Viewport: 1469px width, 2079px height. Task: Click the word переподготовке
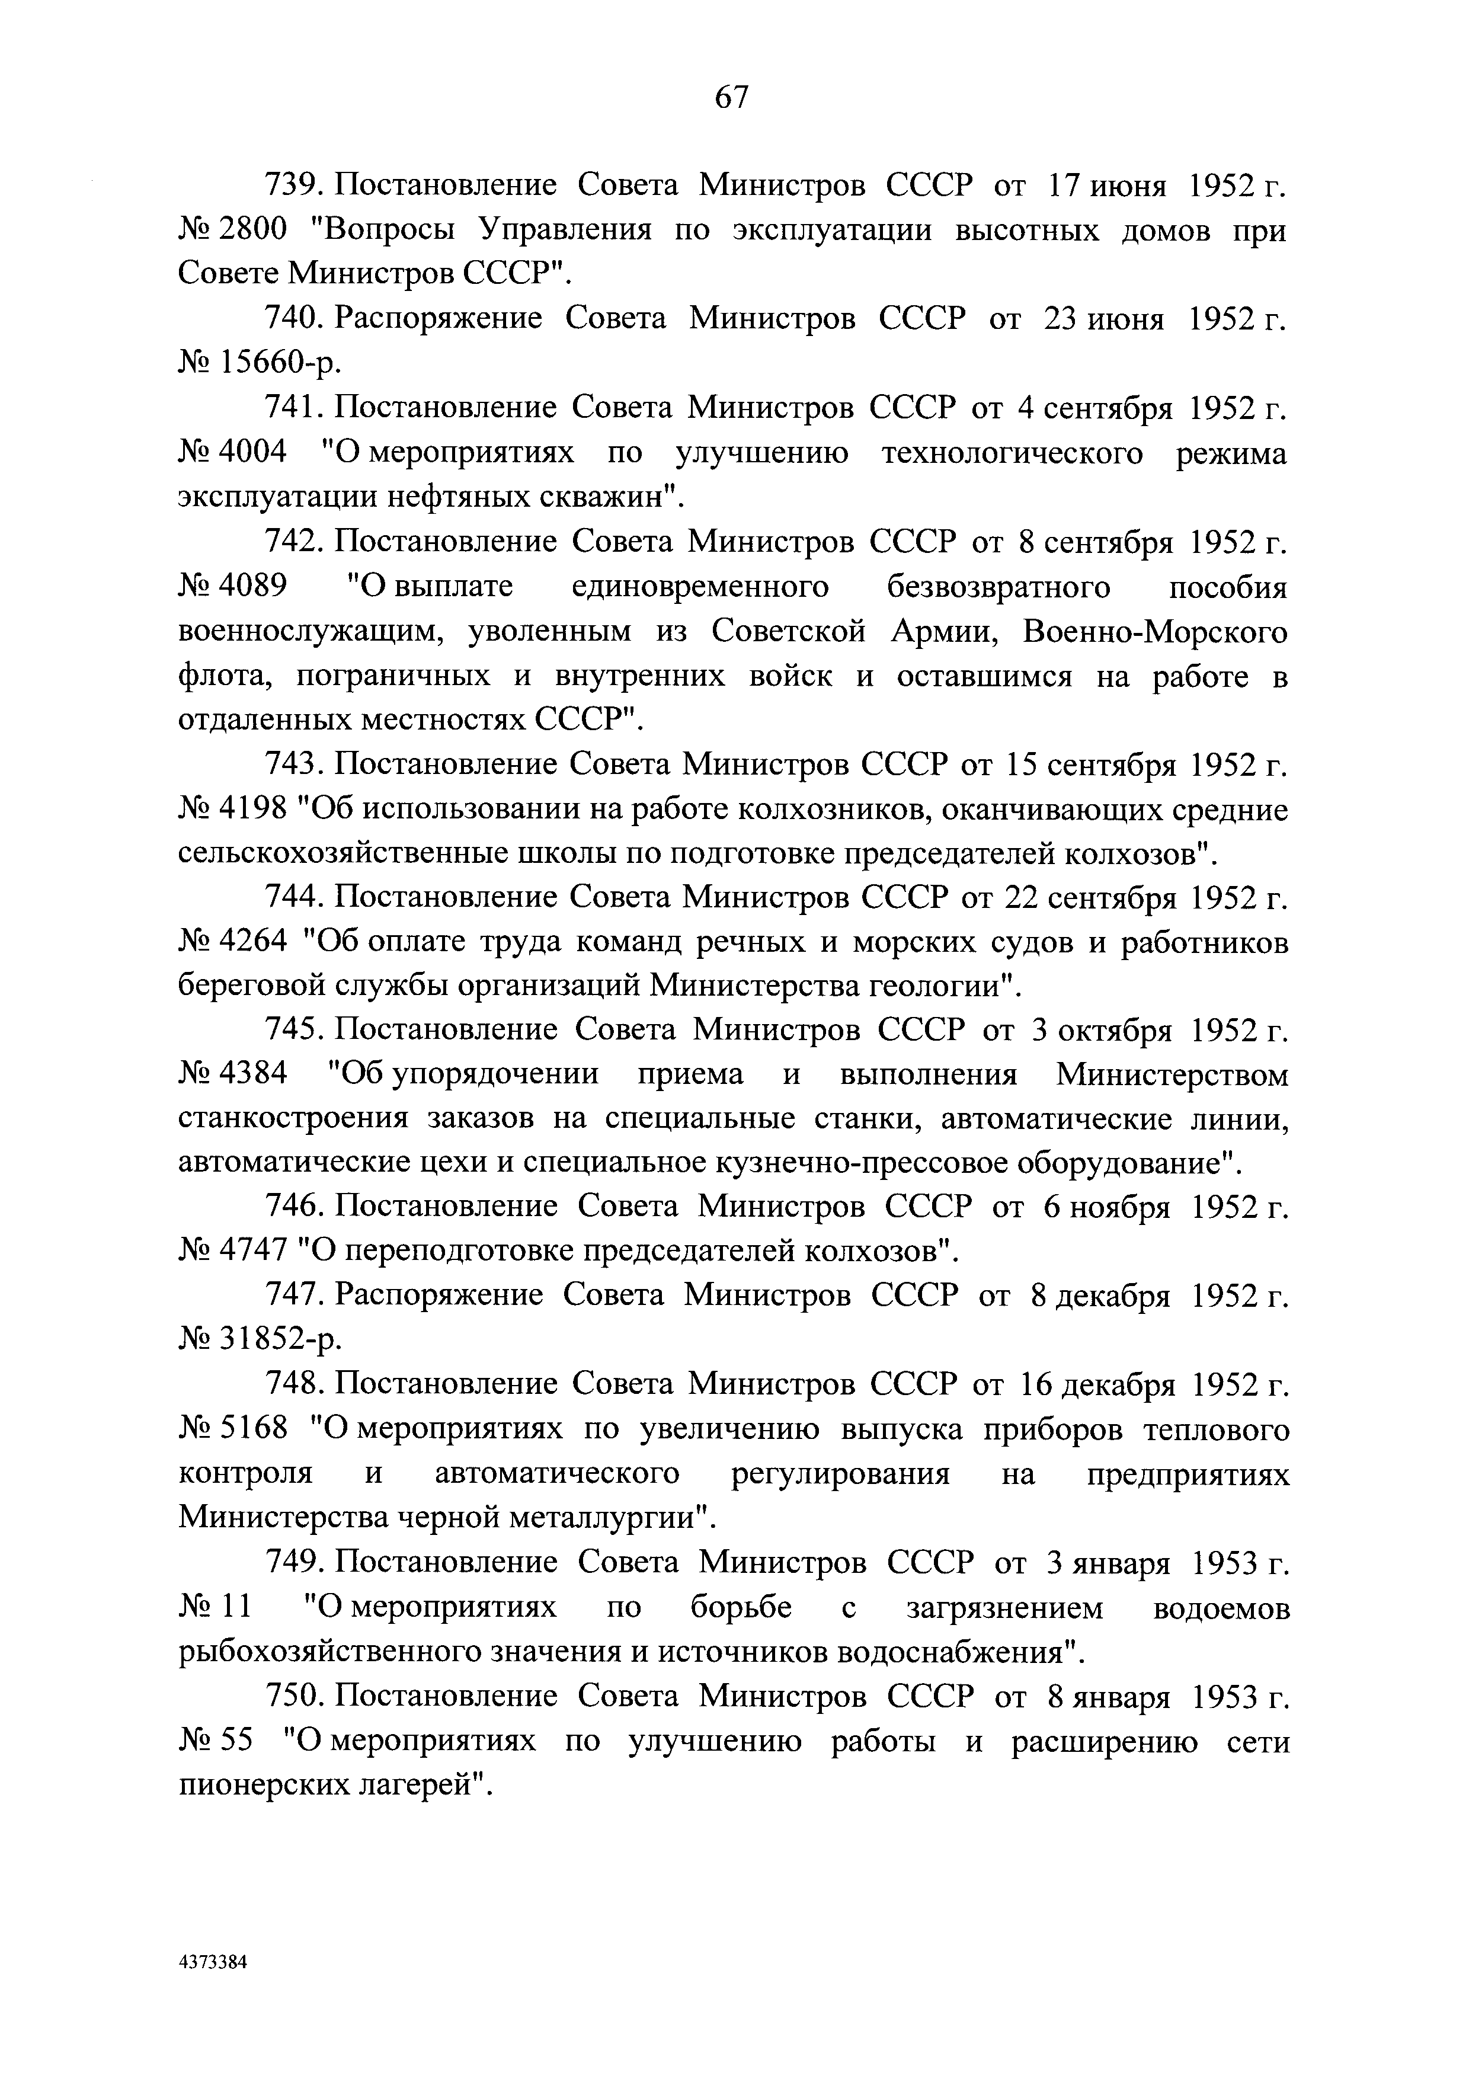click(459, 1252)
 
